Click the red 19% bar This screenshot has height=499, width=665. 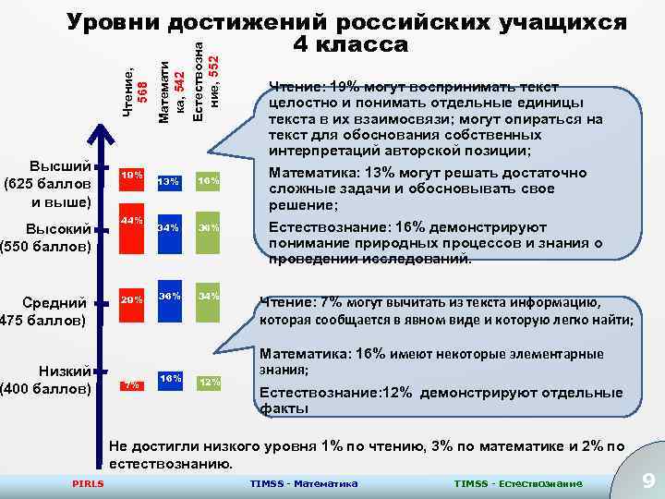pyautogui.click(x=131, y=185)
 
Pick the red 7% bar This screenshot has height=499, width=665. pyautogui.click(x=131, y=383)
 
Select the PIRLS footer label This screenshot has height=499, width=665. pyautogui.click(x=88, y=484)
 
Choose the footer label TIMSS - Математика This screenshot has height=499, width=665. pyautogui.click(x=304, y=484)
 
